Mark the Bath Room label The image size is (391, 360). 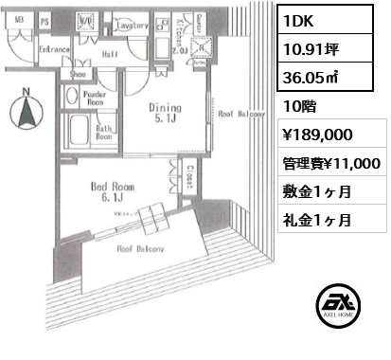[x=103, y=132]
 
